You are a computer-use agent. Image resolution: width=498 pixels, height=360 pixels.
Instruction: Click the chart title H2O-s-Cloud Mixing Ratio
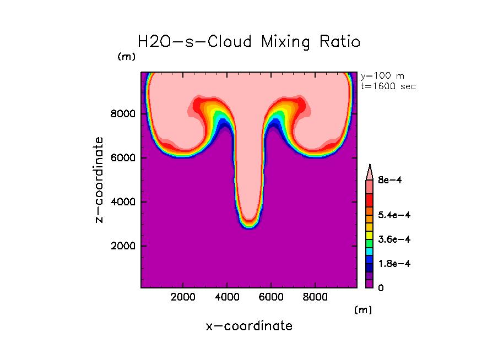[249, 42]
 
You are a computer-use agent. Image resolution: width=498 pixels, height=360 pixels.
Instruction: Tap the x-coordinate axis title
[249, 326]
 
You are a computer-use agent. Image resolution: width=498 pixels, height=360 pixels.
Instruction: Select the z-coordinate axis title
[100, 180]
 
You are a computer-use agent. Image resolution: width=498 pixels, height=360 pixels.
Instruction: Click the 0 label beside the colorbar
[380, 288]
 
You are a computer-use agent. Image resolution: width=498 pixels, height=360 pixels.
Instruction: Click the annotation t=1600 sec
[388, 86]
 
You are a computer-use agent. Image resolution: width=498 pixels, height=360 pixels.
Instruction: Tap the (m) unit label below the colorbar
[363, 310]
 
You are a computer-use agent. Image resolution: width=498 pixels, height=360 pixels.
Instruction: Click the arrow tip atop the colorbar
[370, 166]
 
